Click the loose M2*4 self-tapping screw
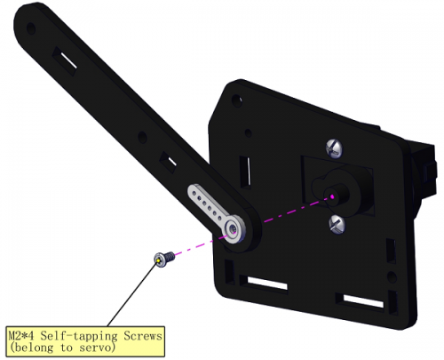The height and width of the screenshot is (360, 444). click(164, 259)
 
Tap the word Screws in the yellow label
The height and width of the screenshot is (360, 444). click(143, 336)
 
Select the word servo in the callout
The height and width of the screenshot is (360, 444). click(97, 348)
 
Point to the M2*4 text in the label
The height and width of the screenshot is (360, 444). click(22, 336)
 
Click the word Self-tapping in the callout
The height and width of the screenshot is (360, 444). click(79, 337)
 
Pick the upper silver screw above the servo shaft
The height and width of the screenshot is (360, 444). click(335, 148)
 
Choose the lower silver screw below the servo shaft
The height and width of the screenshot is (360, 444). click(337, 224)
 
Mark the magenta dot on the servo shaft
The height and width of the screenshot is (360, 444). click(332, 196)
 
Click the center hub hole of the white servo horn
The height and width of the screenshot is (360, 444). click(234, 228)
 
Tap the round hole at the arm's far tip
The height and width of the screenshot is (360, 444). click(31, 28)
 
